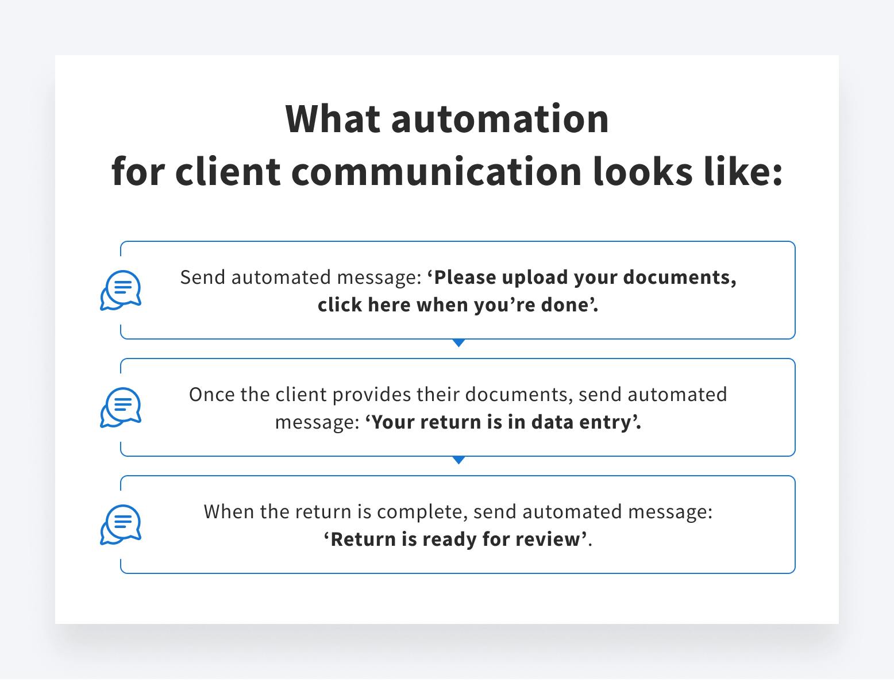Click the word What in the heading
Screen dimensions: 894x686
(x=333, y=119)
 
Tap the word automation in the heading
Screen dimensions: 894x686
(x=500, y=120)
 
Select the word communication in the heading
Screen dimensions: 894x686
(x=436, y=171)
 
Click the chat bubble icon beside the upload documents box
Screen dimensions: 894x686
(x=121, y=290)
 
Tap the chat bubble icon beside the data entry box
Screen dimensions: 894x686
(x=121, y=407)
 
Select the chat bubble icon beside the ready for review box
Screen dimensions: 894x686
(x=121, y=525)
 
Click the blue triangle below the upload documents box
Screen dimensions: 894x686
(x=458, y=342)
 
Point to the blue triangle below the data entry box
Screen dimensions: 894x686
(x=458, y=460)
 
